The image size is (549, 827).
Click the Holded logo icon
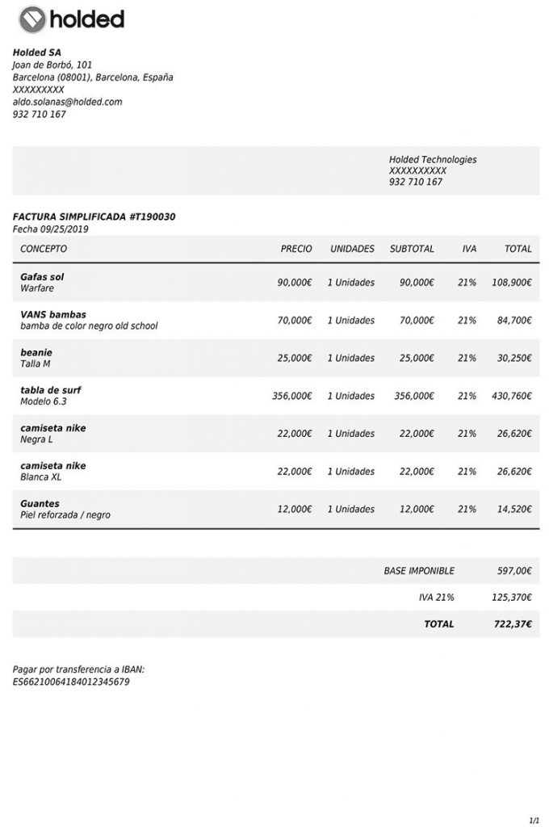point(32,19)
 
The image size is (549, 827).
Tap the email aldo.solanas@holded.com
point(67,103)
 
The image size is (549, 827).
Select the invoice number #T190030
point(153,217)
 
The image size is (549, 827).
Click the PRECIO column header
point(295,249)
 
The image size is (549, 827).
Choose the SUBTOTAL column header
point(412,249)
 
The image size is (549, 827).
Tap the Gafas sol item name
point(42,277)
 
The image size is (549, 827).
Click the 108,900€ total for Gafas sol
point(511,283)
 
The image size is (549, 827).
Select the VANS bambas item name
point(53,315)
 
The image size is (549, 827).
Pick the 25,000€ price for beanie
point(295,359)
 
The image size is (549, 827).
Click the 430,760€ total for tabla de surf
point(511,397)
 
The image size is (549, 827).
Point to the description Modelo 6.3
point(44,401)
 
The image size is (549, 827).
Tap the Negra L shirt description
point(36,439)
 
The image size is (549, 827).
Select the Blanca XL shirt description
point(41,477)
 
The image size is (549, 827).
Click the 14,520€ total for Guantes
point(513,510)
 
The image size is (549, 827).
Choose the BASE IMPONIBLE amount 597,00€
point(514,571)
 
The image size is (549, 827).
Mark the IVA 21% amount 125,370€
point(511,598)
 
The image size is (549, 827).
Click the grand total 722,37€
point(513,624)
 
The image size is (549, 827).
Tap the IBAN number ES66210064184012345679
point(71,682)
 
